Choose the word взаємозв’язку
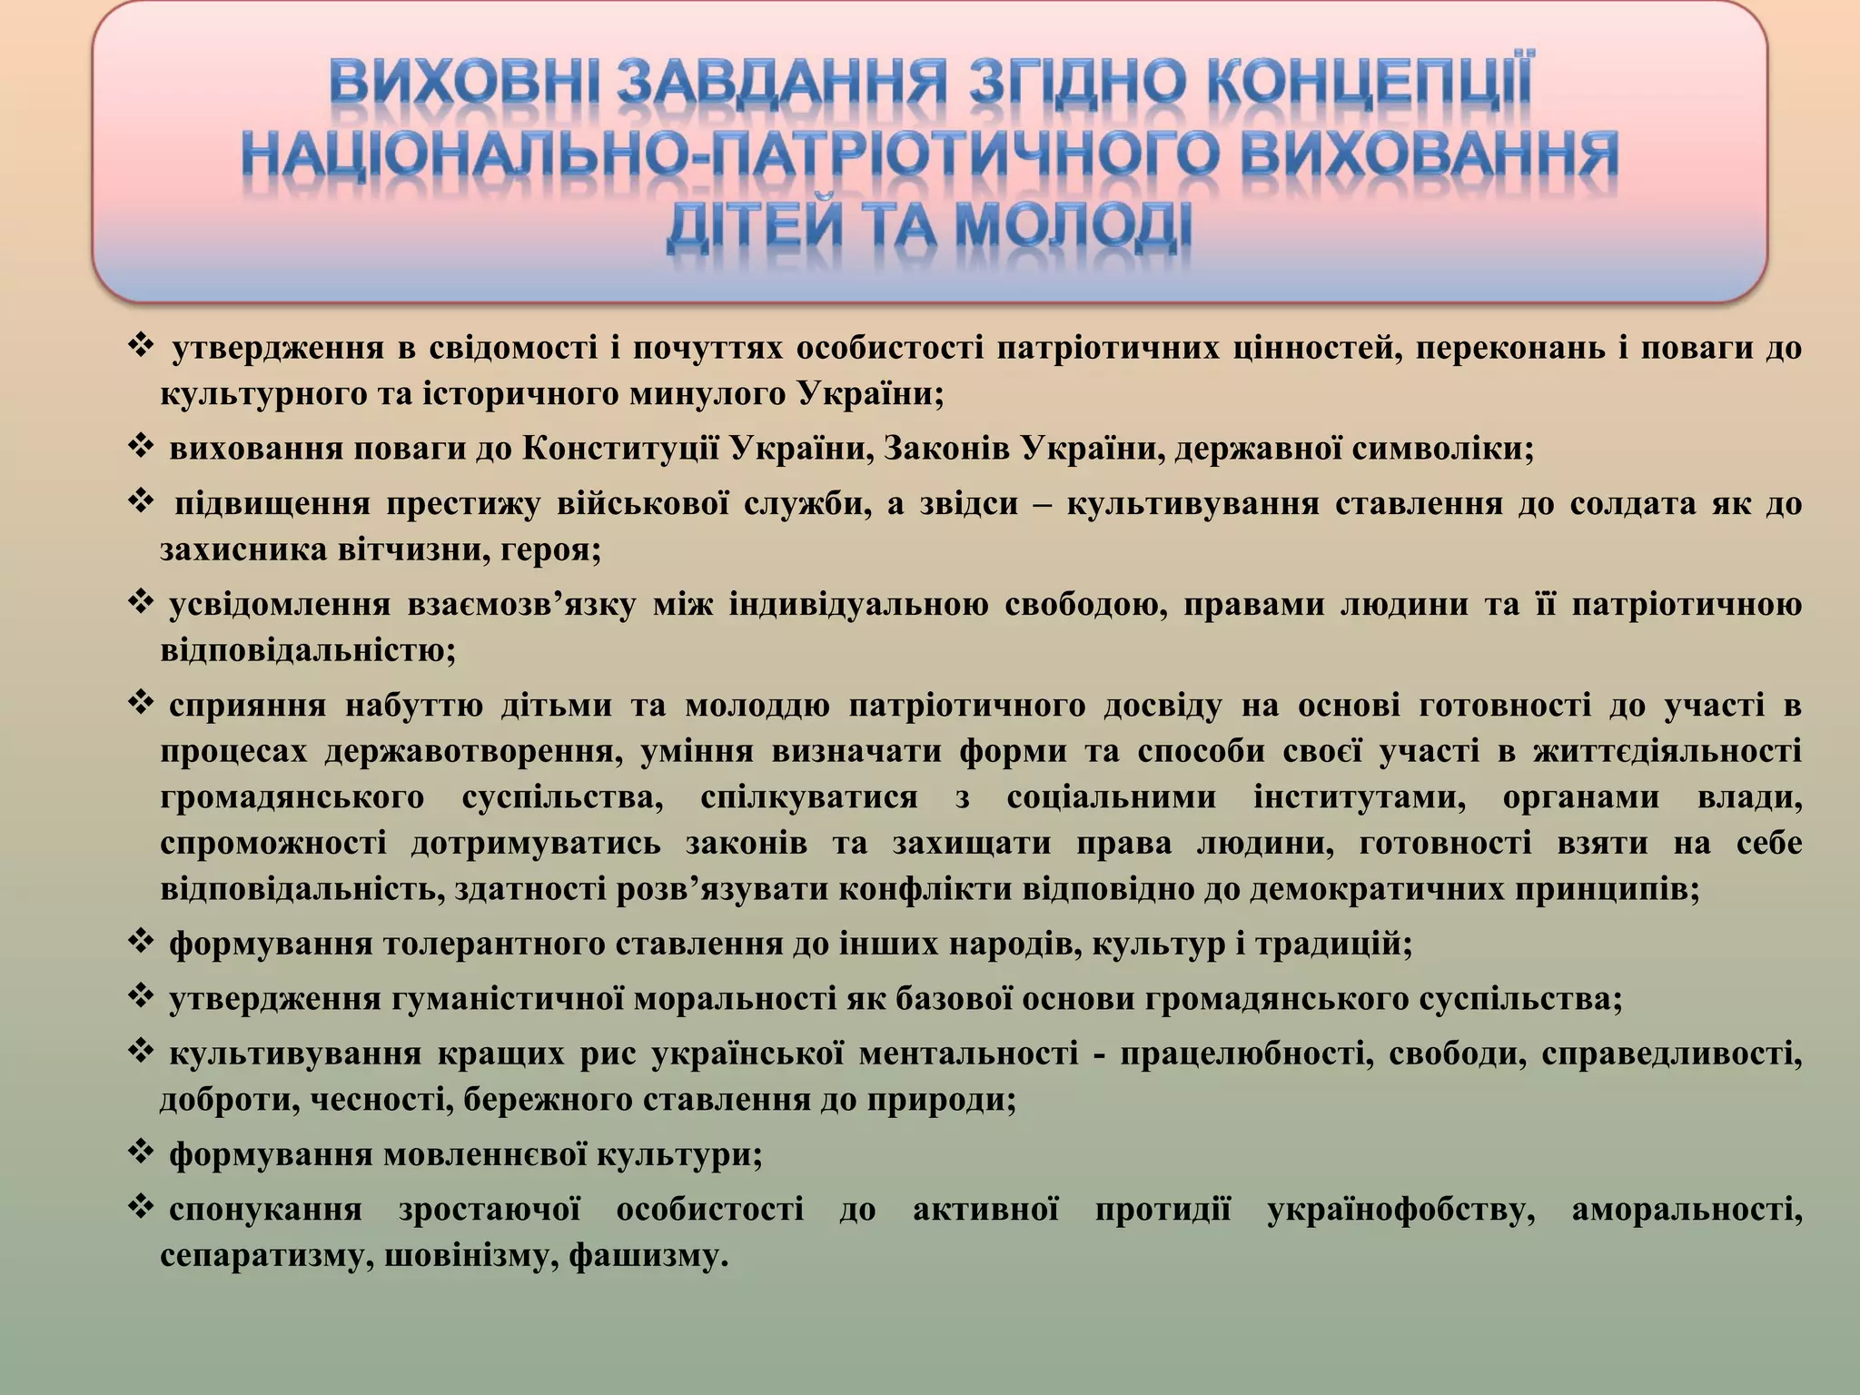click(x=517, y=605)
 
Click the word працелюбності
click(x=1243, y=1054)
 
